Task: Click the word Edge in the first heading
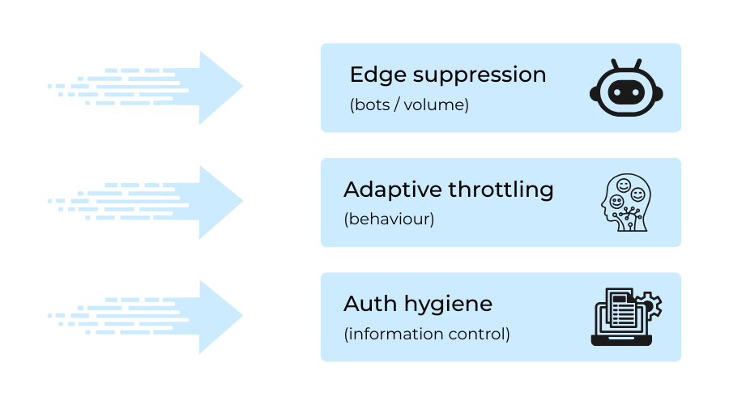click(375, 75)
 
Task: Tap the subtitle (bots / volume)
click(409, 104)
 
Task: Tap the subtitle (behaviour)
click(389, 219)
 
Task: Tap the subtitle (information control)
click(427, 333)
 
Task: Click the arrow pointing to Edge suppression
click(162, 87)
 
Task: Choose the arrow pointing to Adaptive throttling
click(162, 202)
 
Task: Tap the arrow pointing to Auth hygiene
click(162, 317)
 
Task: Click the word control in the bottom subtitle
click(483, 333)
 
